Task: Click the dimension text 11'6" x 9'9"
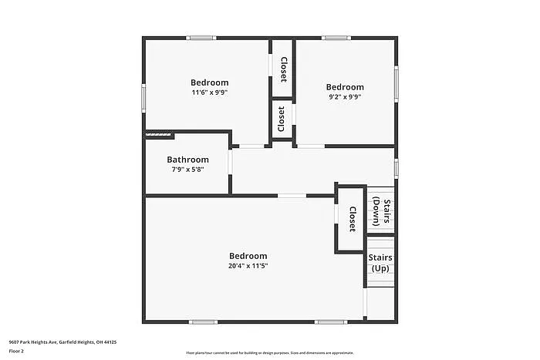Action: click(x=210, y=93)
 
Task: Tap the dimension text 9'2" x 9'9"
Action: click(x=344, y=97)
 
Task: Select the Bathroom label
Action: click(x=187, y=160)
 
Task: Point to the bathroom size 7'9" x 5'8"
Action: click(x=187, y=170)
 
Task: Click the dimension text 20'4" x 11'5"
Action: click(x=248, y=266)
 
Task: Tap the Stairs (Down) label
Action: click(x=381, y=212)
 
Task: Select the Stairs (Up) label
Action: click(x=380, y=263)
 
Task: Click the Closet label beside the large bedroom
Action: click(x=352, y=219)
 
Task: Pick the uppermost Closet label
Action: click(x=283, y=69)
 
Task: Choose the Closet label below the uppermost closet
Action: click(x=282, y=119)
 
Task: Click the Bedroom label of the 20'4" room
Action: click(x=248, y=256)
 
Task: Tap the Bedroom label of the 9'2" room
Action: click(x=344, y=87)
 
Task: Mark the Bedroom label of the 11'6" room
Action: click(x=210, y=82)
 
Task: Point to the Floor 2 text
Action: click(x=17, y=351)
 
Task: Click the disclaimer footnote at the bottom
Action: click(x=269, y=352)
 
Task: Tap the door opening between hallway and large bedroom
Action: click(x=292, y=196)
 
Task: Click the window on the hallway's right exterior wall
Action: click(x=396, y=168)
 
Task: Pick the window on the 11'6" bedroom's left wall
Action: click(x=143, y=98)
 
